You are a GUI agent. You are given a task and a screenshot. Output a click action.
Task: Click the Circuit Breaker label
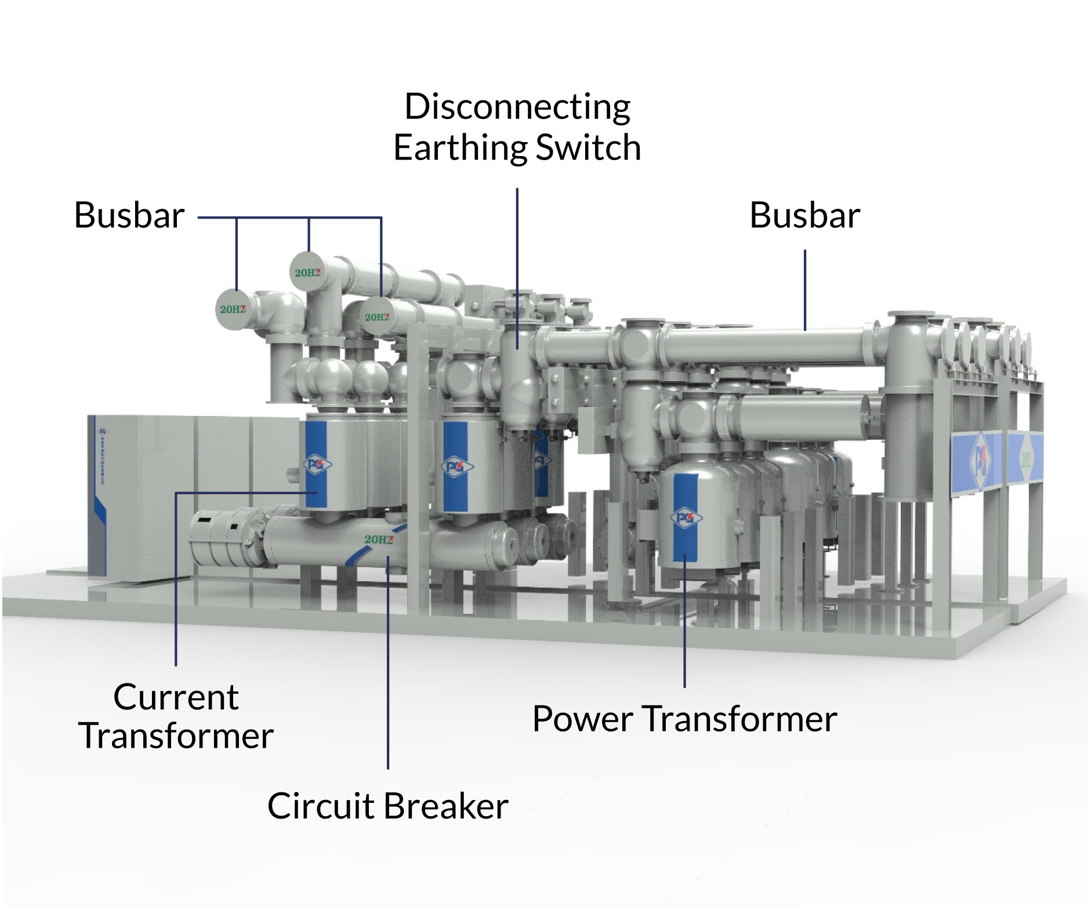tap(387, 806)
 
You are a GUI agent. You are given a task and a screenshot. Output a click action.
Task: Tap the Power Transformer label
tap(684, 719)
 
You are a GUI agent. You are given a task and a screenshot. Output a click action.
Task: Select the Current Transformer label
tap(176, 716)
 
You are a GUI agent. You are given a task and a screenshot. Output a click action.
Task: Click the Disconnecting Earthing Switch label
tap(517, 127)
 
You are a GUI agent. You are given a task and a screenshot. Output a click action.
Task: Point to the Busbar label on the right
tap(804, 215)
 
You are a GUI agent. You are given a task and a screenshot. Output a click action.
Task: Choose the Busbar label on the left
tap(129, 215)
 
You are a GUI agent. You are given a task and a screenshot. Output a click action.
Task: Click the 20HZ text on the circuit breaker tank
tap(379, 539)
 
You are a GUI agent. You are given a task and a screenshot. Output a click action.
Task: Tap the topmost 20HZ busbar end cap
tap(307, 272)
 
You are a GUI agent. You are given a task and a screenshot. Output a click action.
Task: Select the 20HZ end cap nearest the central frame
tap(377, 317)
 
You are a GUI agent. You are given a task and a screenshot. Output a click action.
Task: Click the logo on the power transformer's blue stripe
tap(686, 517)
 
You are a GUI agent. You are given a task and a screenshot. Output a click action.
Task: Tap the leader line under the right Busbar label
tap(805, 290)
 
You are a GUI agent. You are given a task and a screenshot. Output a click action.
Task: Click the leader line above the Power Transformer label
tap(685, 621)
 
